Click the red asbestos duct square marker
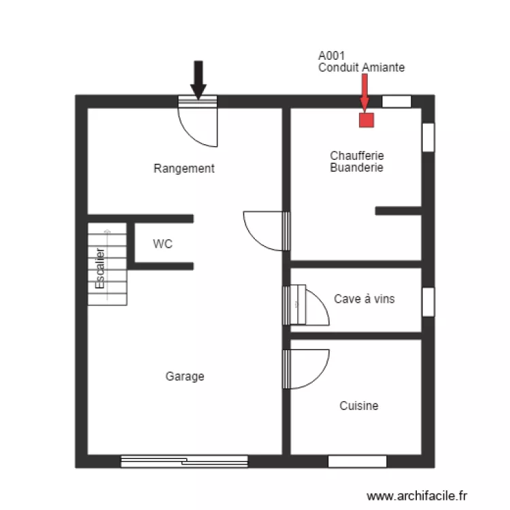point(367,120)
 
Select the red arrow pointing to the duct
point(364,92)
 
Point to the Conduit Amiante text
point(361,67)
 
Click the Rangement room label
point(184,169)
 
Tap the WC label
point(163,243)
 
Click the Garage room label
point(184,376)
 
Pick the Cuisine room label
point(359,406)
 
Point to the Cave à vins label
point(364,299)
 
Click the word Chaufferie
point(356,156)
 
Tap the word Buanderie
point(356,167)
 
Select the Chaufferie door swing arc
point(262,230)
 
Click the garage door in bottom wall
point(184,462)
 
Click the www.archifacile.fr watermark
point(417,496)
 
